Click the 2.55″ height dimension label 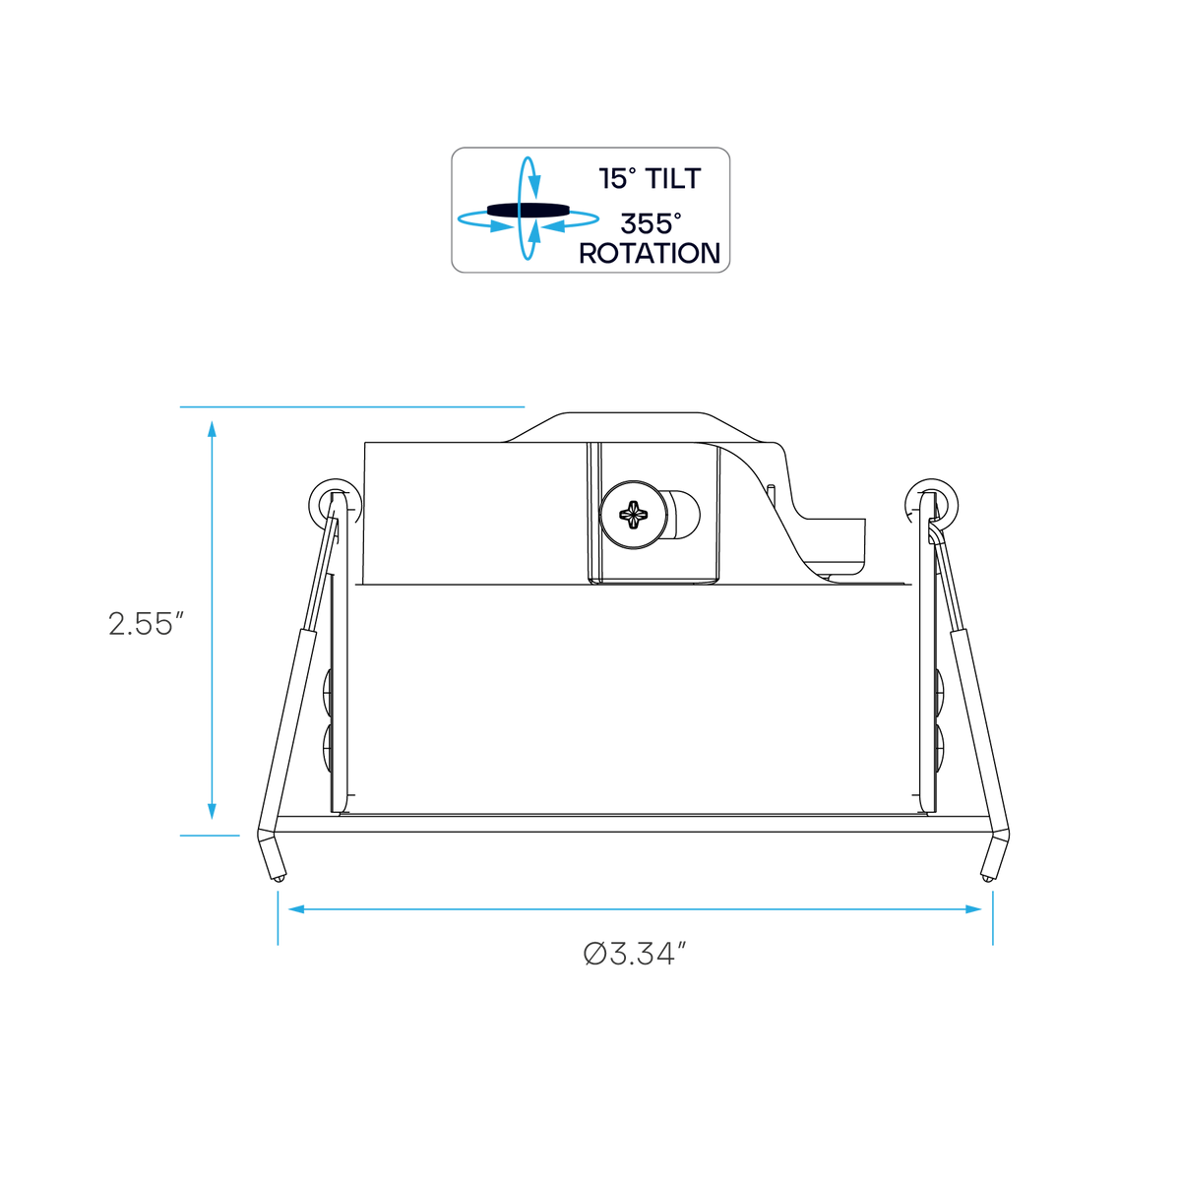click(x=146, y=623)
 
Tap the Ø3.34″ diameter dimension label click(x=635, y=954)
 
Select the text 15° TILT click(x=649, y=178)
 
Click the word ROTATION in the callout click(x=650, y=253)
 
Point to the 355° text click(x=651, y=223)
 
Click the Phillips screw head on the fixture click(x=634, y=514)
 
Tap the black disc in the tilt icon click(x=528, y=209)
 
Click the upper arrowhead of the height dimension click(x=212, y=429)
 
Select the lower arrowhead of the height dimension click(x=212, y=811)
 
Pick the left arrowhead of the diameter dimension click(x=296, y=909)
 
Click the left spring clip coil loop click(x=335, y=505)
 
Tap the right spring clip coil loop click(x=933, y=504)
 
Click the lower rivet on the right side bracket click(x=940, y=749)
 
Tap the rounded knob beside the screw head click(x=683, y=515)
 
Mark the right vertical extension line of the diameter click(x=993, y=918)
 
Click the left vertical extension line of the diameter click(x=278, y=918)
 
